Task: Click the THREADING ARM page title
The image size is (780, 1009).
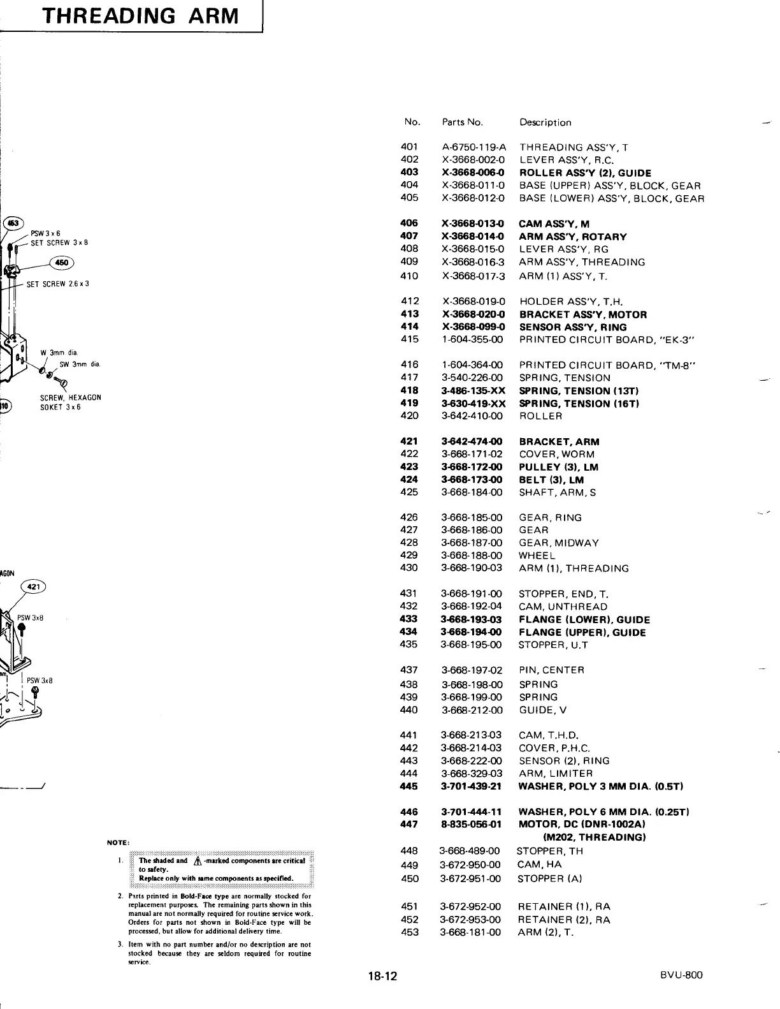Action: [139, 15]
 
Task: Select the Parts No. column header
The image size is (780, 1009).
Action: [462, 122]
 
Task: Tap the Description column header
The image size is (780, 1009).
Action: [545, 122]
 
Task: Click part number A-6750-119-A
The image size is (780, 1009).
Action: [473, 147]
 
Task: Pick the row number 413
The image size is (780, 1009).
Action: [409, 314]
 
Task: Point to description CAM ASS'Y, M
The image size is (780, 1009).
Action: [554, 224]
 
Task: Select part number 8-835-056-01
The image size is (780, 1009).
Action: [471, 824]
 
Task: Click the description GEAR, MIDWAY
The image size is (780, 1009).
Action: [558, 543]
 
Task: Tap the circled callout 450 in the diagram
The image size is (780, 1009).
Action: [62, 262]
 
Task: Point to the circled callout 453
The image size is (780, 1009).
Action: [13, 223]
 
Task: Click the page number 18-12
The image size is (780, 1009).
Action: [382, 976]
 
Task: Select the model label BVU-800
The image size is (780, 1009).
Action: [681, 975]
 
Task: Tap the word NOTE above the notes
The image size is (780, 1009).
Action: [118, 843]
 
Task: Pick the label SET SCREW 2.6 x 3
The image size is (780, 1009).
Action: [57, 284]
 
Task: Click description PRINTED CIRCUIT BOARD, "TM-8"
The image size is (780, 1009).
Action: [607, 365]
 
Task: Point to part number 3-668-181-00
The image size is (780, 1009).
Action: [470, 932]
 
